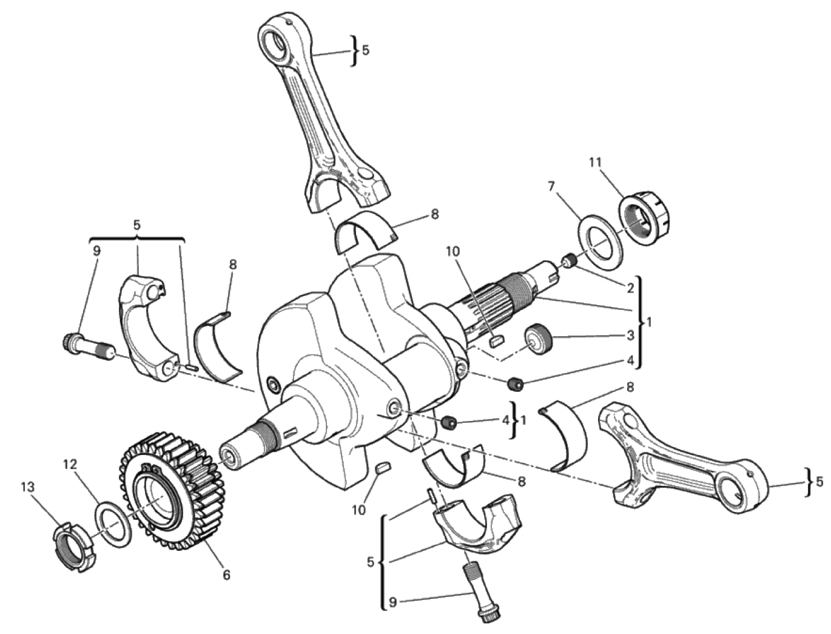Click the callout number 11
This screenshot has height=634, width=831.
tap(595, 163)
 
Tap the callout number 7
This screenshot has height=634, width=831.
tap(551, 186)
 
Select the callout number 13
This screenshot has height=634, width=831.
tap(28, 487)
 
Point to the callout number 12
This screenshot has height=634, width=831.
tap(70, 465)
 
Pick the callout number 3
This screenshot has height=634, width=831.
tap(630, 336)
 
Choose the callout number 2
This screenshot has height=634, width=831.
tap(630, 288)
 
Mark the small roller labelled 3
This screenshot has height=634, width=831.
tap(538, 338)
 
